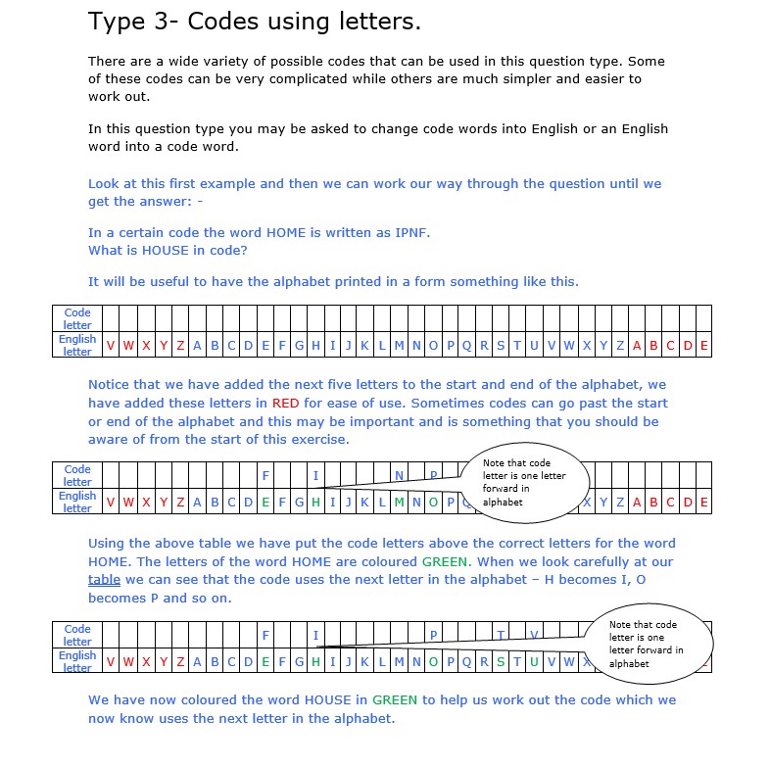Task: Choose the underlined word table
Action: [x=104, y=579]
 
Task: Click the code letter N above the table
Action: [x=399, y=476]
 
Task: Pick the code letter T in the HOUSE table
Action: [x=500, y=636]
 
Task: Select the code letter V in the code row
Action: [x=534, y=636]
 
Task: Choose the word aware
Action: [x=108, y=440]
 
